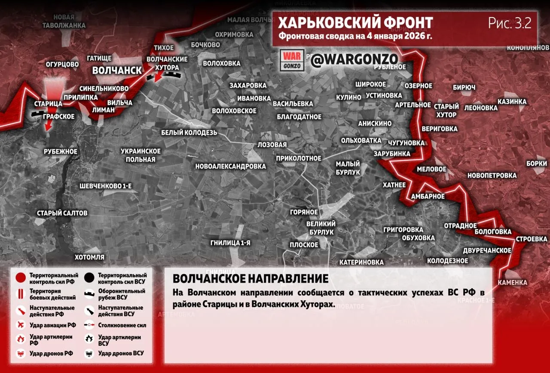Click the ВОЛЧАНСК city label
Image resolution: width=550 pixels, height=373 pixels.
117,71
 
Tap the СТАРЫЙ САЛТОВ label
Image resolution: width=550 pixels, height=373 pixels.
62,213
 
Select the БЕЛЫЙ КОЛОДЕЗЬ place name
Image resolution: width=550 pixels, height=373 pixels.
189,133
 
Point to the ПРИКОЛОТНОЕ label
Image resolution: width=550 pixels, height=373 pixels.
299,158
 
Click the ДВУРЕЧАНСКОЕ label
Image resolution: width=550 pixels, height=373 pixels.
487,250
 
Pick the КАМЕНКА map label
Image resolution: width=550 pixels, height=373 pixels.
512,283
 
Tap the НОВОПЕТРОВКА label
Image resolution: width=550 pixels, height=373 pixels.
492,176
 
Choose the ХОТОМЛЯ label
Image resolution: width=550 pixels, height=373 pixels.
89,257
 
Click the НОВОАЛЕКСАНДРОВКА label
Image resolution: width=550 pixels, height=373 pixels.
230,166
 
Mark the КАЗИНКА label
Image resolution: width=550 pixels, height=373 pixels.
512,102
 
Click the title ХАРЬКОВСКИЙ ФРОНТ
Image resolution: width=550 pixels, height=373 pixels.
355,23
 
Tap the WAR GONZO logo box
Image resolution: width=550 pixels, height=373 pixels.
292,60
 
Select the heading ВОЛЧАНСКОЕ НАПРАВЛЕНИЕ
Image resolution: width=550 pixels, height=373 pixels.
251,278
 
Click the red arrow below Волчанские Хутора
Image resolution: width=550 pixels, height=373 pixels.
158,76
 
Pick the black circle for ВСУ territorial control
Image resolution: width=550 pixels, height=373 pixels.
90,278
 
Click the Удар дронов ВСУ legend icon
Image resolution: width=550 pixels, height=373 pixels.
90,353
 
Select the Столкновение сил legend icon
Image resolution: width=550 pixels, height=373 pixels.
90,326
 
